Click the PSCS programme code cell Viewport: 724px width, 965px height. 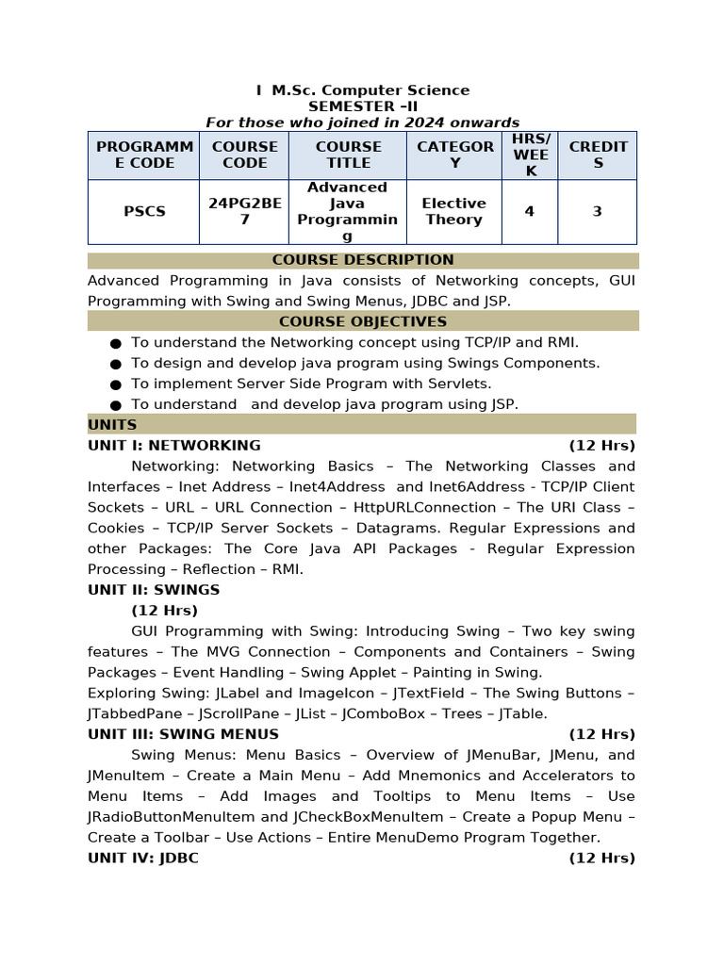click(x=144, y=212)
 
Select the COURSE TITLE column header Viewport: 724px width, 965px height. click(x=348, y=155)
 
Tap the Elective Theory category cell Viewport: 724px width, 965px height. click(x=453, y=211)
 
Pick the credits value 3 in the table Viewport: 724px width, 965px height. click(x=597, y=212)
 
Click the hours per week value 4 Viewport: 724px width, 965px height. click(x=529, y=212)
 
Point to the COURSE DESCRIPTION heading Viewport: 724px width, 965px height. click(x=363, y=260)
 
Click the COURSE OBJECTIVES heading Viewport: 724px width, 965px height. click(x=363, y=321)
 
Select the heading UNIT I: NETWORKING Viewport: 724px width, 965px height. click(x=174, y=446)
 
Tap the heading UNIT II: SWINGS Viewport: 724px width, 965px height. click(x=154, y=590)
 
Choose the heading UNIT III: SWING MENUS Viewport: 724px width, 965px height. click(x=183, y=734)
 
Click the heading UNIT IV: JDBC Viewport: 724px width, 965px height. click(x=143, y=859)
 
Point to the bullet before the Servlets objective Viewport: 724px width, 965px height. click(x=116, y=384)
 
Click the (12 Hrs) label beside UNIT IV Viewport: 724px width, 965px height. click(x=601, y=859)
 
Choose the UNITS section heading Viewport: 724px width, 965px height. click(x=112, y=425)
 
